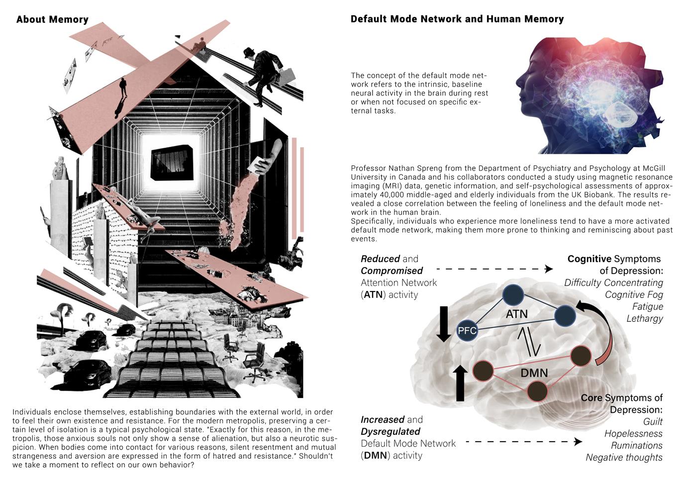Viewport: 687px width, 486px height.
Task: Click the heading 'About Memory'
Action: click(52, 20)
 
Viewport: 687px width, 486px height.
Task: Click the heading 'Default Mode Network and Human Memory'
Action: click(457, 19)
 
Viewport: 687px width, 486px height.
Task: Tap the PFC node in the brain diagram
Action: click(467, 330)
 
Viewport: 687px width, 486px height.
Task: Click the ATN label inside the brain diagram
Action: click(516, 314)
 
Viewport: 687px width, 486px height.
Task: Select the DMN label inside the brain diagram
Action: click(534, 373)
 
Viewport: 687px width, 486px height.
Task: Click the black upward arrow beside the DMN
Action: click(460, 383)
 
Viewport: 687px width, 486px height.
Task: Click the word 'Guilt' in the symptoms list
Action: click(653, 422)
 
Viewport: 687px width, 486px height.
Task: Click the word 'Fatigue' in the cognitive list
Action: click(647, 306)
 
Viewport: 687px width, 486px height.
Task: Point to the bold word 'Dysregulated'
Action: click(391, 432)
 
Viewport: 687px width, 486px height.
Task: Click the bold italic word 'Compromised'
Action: click(392, 271)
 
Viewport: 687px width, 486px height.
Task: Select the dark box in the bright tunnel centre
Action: click(172, 163)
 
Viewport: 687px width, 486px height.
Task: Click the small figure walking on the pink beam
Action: click(122, 89)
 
